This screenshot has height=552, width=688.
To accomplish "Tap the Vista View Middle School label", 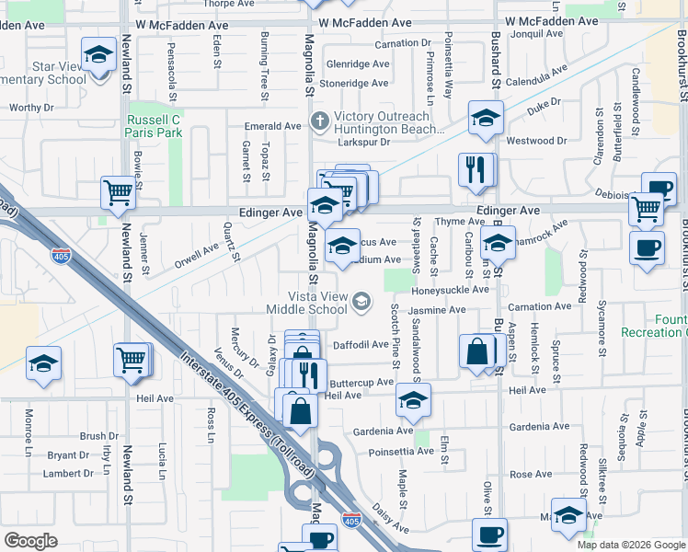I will point(323,302).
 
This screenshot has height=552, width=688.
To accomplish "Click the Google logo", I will point(30,540).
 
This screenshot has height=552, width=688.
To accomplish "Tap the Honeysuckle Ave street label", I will point(450,290).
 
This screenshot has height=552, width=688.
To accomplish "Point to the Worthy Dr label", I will point(26,108).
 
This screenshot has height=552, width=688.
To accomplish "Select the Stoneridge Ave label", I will point(357,84).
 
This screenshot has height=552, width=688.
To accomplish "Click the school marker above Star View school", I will point(98,55).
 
